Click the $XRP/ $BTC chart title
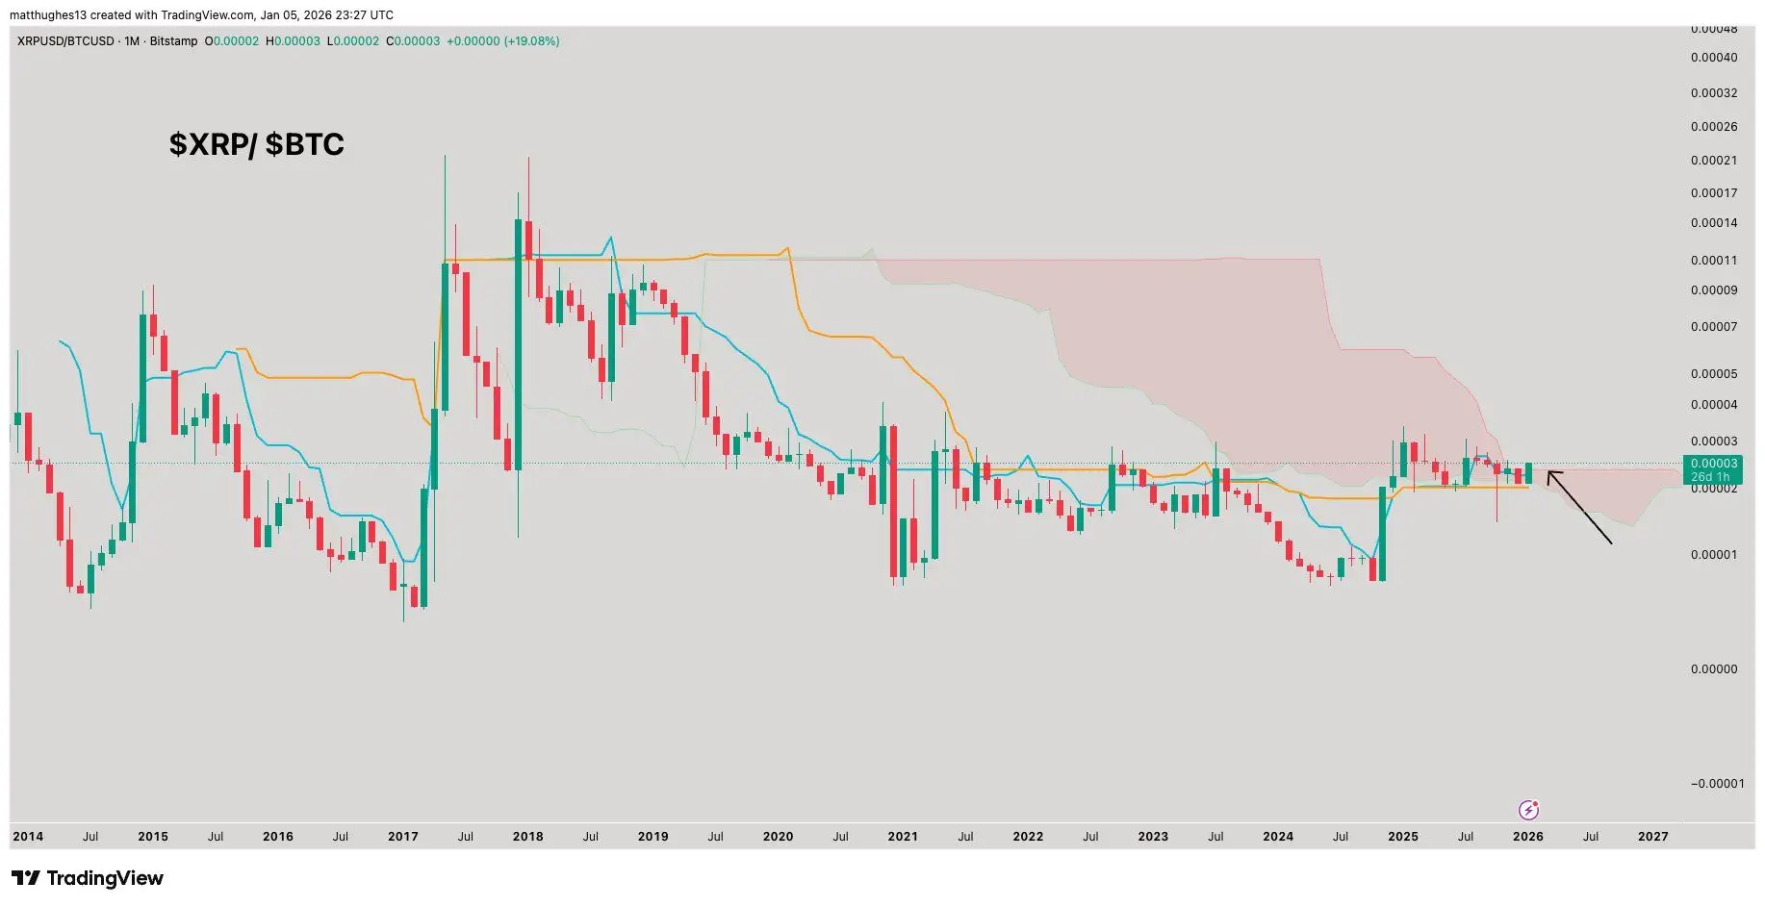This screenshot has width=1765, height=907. click(x=256, y=144)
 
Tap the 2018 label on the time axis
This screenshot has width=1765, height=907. click(x=527, y=836)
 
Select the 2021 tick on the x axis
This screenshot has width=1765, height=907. click(x=903, y=836)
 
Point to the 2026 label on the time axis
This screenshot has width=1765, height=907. click(x=1527, y=836)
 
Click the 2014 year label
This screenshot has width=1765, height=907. click(x=28, y=836)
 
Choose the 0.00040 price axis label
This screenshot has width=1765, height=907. click(x=1714, y=58)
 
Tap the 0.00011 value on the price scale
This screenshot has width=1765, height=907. click(x=1714, y=260)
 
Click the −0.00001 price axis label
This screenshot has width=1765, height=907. click(x=1717, y=783)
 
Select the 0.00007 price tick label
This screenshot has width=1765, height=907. click(x=1714, y=327)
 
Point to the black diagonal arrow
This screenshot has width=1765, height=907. click(x=1578, y=506)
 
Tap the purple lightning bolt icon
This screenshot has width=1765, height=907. click(x=1527, y=810)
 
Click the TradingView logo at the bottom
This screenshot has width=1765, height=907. click(x=88, y=878)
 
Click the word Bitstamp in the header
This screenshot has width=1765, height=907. click(x=173, y=41)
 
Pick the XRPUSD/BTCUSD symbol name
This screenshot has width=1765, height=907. click(x=65, y=41)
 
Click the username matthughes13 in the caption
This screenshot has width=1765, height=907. click(x=49, y=14)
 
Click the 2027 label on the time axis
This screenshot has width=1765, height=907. click(x=1652, y=836)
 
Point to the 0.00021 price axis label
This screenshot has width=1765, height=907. click(x=1714, y=161)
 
